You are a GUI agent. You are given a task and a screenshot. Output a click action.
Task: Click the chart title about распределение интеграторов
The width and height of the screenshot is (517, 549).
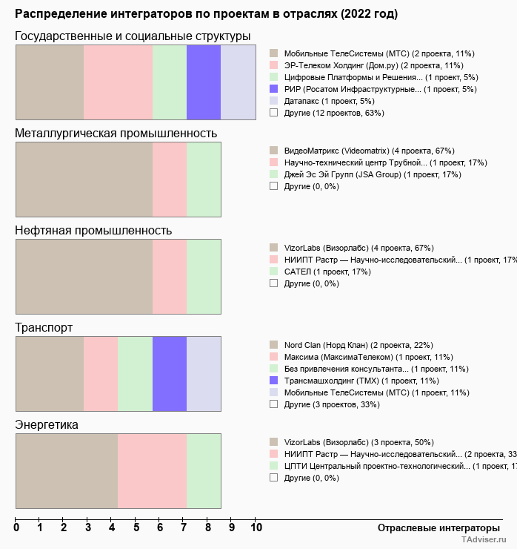pyautogui.click(x=206, y=14)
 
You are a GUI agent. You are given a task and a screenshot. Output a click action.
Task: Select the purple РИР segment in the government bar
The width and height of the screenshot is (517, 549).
pyautogui.click(x=204, y=82)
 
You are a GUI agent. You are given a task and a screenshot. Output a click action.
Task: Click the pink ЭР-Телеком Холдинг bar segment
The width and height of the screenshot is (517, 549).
pyautogui.click(x=118, y=82)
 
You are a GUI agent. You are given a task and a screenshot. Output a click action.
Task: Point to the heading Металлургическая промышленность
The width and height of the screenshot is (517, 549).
pyautogui.click(x=116, y=134)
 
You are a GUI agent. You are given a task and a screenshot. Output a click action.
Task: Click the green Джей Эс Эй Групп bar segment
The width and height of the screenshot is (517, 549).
pyautogui.click(x=204, y=179)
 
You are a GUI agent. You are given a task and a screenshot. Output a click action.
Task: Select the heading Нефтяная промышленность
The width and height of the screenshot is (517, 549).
pyautogui.click(x=93, y=231)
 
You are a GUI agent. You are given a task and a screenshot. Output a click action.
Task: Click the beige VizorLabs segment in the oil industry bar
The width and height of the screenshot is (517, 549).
pyautogui.click(x=84, y=276)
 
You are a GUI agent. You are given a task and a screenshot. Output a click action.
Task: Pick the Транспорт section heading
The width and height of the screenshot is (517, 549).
pyautogui.click(x=44, y=328)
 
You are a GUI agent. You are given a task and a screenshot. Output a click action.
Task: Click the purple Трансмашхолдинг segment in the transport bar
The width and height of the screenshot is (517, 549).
pyautogui.click(x=170, y=373)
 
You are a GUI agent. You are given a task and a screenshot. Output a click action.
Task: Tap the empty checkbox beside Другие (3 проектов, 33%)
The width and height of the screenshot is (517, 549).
pyautogui.click(x=274, y=404)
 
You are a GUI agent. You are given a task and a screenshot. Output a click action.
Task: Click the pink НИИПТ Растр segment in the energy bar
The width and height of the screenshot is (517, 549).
pyautogui.click(x=152, y=470)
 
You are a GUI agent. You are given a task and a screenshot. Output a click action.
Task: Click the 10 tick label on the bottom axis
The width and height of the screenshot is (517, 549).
pyautogui.click(x=256, y=528)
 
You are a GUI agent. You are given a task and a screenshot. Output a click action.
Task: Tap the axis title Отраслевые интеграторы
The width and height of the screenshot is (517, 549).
pyautogui.click(x=434, y=527)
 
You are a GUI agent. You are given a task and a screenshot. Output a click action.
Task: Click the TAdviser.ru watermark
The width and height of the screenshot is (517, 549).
pyautogui.click(x=483, y=541)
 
